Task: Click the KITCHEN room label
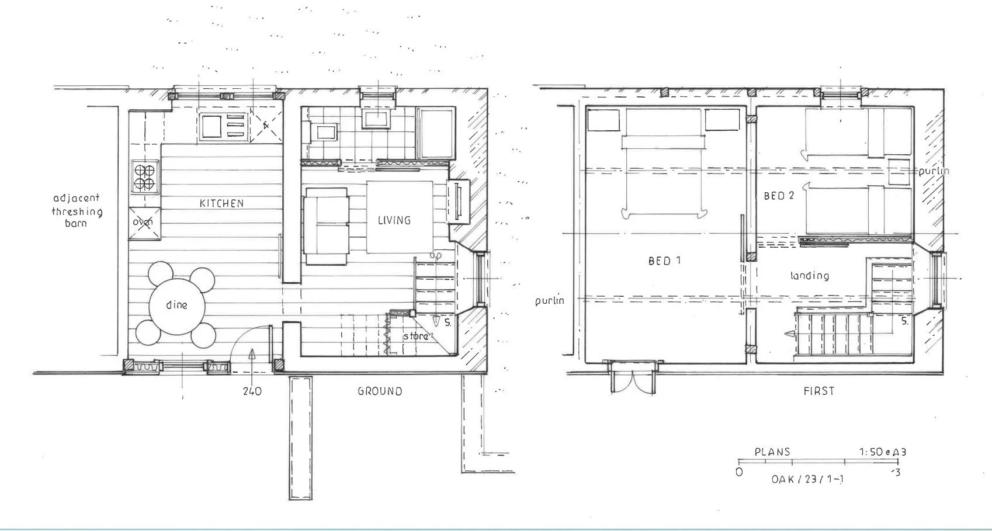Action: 221,203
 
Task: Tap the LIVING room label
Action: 394,220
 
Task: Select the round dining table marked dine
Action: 176,306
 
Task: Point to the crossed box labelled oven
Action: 143,222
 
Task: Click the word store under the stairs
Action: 415,336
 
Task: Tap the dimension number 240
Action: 252,391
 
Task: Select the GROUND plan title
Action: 380,391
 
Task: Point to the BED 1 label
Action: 664,261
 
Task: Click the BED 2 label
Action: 779,196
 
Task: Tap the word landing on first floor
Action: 809,275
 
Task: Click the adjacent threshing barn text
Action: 77,210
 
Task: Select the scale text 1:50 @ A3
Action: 882,452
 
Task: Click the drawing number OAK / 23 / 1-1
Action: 807,479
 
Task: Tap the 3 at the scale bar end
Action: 897,472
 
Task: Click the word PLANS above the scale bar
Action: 772,452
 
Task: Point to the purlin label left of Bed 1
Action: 550,300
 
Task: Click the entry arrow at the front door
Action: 252,354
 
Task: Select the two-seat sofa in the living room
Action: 325,226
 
